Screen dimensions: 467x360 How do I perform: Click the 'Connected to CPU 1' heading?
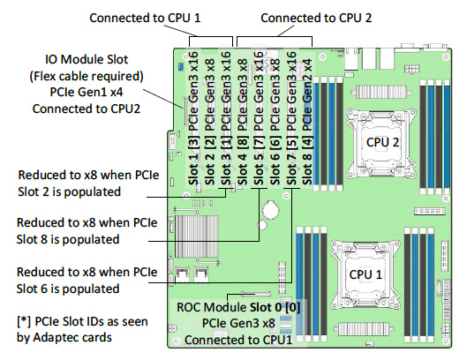[x=145, y=18]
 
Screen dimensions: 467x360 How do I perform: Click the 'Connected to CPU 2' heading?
[x=316, y=18]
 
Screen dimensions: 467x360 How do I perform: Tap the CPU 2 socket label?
[x=382, y=142]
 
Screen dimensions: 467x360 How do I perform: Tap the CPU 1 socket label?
[x=365, y=274]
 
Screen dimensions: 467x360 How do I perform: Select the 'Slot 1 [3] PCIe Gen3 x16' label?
[x=193, y=118]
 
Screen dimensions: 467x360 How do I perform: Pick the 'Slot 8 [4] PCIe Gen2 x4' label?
[x=307, y=122]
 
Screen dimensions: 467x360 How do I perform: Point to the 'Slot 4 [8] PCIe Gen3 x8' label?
[x=243, y=122]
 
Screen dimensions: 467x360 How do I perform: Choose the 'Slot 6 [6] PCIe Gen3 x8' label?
[x=275, y=122]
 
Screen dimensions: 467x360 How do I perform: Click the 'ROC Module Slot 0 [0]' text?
[x=238, y=307]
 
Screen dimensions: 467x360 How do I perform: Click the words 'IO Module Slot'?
[x=87, y=59]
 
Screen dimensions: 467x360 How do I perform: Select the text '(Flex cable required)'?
[x=87, y=76]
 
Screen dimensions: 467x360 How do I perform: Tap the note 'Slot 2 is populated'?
[x=69, y=191]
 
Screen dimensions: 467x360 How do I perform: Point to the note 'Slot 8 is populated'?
[x=68, y=239]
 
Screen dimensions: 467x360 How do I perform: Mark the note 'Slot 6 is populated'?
[x=68, y=289]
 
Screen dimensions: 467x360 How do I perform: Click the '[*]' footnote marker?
[x=24, y=321]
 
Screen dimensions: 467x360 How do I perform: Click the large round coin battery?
[x=271, y=210]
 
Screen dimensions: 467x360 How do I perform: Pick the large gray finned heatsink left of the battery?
[x=197, y=236]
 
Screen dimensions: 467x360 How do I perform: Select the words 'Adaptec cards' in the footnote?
[x=72, y=337]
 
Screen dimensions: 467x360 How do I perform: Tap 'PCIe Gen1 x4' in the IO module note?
[x=87, y=92]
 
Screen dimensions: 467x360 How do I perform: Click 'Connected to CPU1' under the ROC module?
[x=238, y=340]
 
